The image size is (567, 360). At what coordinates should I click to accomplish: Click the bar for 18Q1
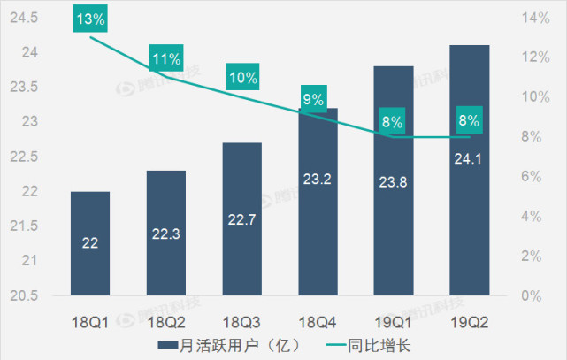(90, 242)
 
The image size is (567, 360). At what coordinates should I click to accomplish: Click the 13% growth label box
(90, 19)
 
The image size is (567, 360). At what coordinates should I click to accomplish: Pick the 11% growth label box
(166, 59)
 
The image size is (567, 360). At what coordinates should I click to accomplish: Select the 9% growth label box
(312, 99)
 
